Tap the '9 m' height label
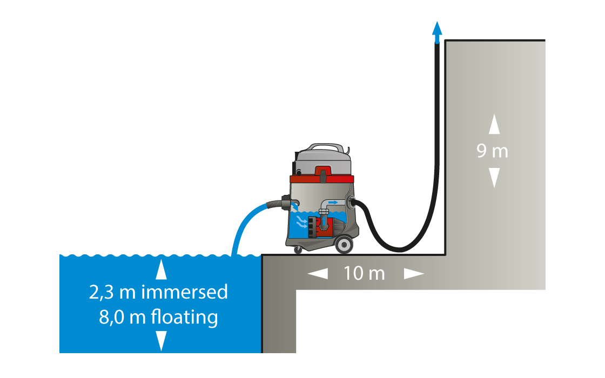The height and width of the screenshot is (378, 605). pyautogui.click(x=493, y=151)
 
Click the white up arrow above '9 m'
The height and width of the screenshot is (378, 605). pyautogui.click(x=494, y=125)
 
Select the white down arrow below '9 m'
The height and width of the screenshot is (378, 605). pyautogui.click(x=494, y=177)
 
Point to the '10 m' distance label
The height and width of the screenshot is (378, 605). pyautogui.click(x=365, y=273)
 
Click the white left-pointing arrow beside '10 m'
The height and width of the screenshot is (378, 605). pyautogui.click(x=318, y=274)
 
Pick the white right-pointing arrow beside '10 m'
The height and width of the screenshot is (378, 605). pyautogui.click(x=414, y=274)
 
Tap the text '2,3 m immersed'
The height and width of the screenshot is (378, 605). pyautogui.click(x=158, y=292)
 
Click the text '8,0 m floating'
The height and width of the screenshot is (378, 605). pyautogui.click(x=158, y=316)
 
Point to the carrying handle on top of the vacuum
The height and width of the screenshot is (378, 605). pyautogui.click(x=324, y=146)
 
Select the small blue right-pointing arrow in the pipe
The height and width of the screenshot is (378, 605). pyautogui.click(x=333, y=202)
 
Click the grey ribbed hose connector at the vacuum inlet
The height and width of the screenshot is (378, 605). pyautogui.click(x=285, y=204)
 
